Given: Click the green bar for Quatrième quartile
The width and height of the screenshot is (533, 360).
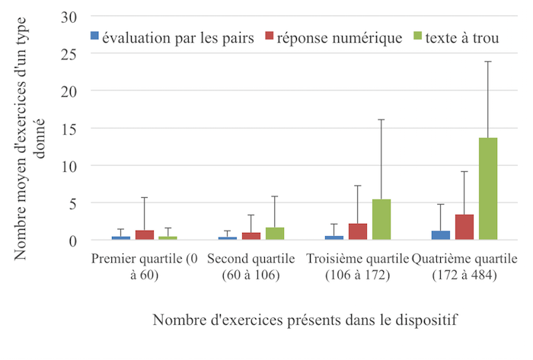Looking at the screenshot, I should click(487, 189).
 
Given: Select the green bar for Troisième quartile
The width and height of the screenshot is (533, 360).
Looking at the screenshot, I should click(381, 220).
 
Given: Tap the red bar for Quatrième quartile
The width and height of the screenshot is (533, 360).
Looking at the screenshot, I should click(464, 228).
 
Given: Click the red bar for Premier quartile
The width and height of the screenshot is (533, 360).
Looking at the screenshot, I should click(145, 235).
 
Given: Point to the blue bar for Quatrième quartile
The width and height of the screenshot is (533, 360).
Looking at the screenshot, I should click(441, 236).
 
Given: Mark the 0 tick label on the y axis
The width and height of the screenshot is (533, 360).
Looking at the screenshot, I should click(73, 241).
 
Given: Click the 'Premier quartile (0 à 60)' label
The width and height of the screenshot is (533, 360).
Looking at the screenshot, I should click(144, 266).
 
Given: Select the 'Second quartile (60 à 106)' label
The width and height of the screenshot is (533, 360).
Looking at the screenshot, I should click(251, 266).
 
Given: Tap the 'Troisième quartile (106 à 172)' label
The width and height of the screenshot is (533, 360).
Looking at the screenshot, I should click(357, 266).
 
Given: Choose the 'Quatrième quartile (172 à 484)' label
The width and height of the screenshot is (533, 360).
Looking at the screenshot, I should click(464, 266).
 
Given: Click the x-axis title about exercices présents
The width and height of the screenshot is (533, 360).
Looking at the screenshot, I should click(305, 320).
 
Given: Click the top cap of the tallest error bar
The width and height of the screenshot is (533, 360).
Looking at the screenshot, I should click(487, 62).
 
